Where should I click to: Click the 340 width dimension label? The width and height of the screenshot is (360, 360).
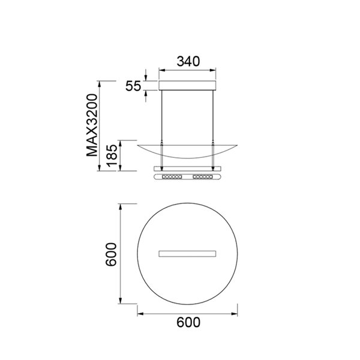tap(187, 61)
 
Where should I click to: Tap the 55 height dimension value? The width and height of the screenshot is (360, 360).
tap(133, 86)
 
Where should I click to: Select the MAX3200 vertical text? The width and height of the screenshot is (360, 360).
tap(92, 125)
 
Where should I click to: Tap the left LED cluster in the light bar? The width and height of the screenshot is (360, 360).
tap(173, 178)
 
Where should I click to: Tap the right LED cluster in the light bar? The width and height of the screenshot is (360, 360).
tap(202, 178)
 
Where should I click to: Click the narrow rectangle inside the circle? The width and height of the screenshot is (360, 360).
tap(187, 253)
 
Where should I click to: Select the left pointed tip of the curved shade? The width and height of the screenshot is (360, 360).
tap(138, 144)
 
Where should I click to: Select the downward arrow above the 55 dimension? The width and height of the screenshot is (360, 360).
tap(146, 77)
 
